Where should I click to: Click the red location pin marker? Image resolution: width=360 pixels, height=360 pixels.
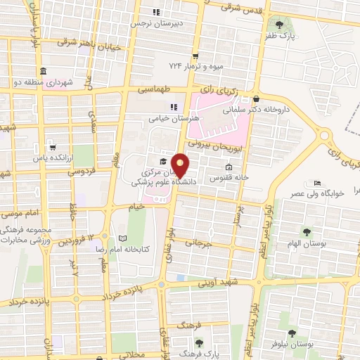(x=181, y=166)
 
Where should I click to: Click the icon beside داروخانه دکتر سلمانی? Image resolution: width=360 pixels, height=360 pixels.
(x=257, y=99)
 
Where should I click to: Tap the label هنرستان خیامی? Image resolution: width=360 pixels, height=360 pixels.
(x=174, y=118)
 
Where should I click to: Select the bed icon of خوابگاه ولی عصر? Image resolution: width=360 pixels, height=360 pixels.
(x=318, y=181)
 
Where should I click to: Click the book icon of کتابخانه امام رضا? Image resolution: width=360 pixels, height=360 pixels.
(x=123, y=238)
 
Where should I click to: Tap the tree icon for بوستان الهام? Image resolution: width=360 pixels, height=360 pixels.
(x=306, y=231)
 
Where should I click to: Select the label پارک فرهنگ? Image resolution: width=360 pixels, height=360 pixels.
(x=212, y=354)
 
